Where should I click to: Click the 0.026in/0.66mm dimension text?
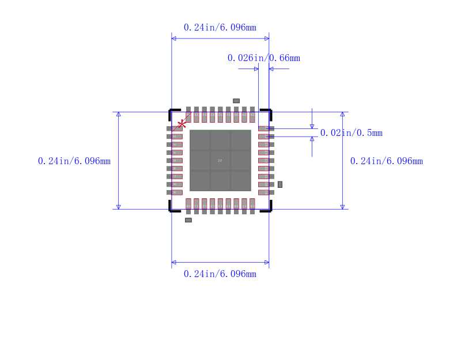click(x=263, y=58)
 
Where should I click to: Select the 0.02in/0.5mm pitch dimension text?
click(x=351, y=133)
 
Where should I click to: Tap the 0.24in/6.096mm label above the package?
click(x=220, y=28)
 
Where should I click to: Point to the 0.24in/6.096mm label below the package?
click(x=220, y=274)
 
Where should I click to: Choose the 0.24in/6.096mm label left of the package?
click(x=74, y=161)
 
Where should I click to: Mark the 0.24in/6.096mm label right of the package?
click(x=386, y=161)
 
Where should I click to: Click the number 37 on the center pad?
click(x=220, y=161)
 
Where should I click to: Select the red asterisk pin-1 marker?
click(x=182, y=124)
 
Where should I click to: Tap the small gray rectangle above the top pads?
click(x=236, y=101)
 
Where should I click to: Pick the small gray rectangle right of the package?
click(x=280, y=184)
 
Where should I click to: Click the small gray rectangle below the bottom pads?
click(x=188, y=220)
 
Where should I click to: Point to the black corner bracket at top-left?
click(x=171, y=111)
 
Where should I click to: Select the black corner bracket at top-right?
click(x=268, y=111)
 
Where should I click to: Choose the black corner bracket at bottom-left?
click(x=171, y=210)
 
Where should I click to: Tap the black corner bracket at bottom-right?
click(x=268, y=210)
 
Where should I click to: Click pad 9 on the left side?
click(x=175, y=192)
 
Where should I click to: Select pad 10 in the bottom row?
click(x=188, y=205)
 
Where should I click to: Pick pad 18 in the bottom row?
click(x=252, y=205)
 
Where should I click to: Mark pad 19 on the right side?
click(x=265, y=192)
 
